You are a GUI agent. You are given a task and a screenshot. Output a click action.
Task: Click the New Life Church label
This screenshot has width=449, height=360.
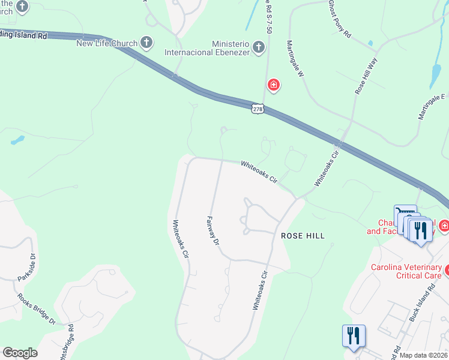pos(107,43)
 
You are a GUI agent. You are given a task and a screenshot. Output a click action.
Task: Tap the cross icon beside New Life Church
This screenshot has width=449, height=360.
pos(146,43)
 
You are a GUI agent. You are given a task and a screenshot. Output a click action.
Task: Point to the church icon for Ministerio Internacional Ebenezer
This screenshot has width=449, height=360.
pos(258,47)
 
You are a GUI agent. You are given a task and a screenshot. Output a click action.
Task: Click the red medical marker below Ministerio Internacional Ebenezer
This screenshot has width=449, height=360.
pos(274,86)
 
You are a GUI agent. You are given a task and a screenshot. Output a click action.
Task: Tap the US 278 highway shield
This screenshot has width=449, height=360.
pos(257,109)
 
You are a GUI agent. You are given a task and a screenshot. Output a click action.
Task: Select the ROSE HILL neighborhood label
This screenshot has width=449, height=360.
pos(303,236)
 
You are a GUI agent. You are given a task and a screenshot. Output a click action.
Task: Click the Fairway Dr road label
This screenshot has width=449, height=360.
pos(213,230)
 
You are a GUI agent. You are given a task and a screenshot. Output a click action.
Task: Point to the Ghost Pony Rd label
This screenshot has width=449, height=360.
pos(339,19)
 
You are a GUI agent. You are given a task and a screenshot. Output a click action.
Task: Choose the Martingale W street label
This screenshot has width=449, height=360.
pos(295,59)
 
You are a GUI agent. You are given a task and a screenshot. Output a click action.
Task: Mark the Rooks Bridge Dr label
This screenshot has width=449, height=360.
pos(36,308)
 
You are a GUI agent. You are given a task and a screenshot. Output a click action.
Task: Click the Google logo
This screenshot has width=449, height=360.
pos(20,352)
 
